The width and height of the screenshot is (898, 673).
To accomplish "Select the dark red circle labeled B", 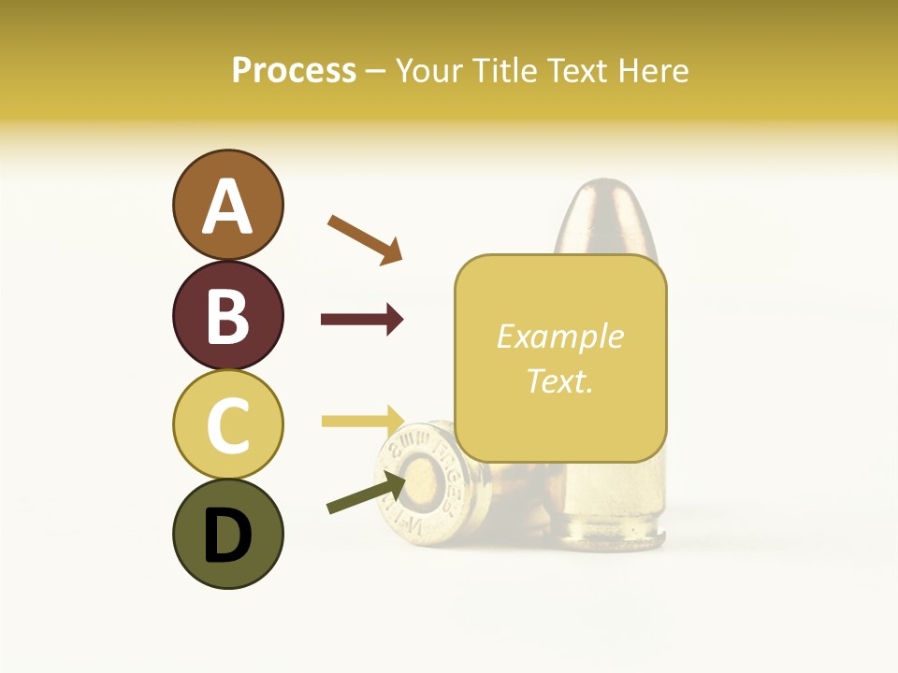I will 227,315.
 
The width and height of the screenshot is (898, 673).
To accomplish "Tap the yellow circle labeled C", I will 227,424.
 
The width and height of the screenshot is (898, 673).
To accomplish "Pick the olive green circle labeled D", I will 227,534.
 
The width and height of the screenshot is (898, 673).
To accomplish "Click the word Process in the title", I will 294,71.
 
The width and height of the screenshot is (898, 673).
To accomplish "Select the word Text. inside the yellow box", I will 559,380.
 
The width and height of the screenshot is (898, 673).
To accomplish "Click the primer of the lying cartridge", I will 424,479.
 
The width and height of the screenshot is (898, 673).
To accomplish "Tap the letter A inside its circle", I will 227,208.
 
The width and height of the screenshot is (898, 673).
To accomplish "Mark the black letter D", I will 227,537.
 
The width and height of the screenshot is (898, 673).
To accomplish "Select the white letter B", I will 227,317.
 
